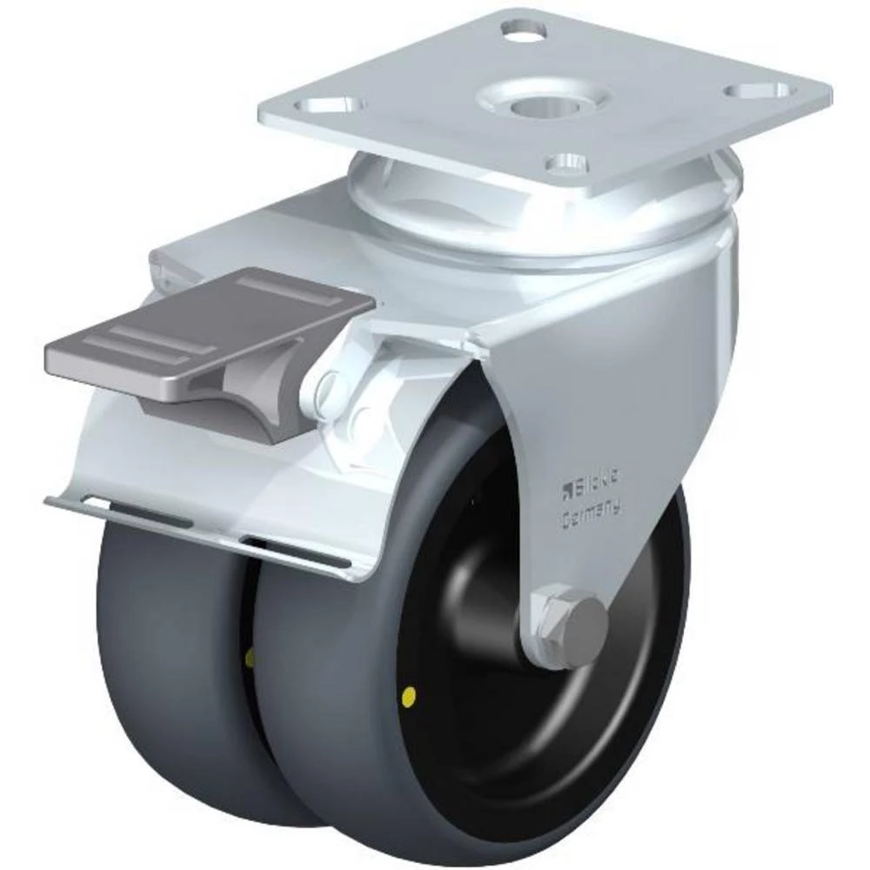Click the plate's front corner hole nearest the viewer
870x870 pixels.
pos(566,162)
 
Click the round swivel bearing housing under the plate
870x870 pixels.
pos(557,209)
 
